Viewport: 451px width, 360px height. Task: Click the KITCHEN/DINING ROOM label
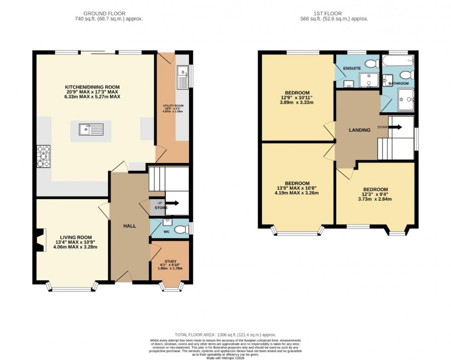point(92,87)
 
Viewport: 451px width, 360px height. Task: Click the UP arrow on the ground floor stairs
point(174,203)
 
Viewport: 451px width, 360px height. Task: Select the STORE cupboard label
point(161,208)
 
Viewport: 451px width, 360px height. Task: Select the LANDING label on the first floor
point(359,130)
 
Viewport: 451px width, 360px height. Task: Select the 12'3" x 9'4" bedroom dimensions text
point(375,195)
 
